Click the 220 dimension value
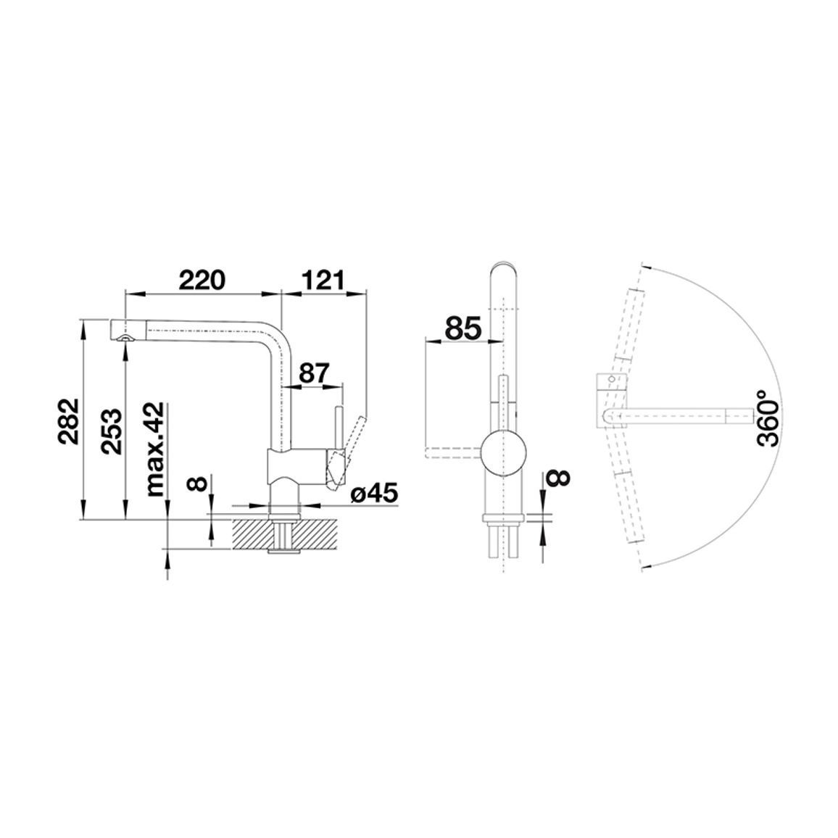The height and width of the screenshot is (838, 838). [202, 280]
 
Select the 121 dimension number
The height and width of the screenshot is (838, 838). [323, 280]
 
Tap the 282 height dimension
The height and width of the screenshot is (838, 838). [70, 422]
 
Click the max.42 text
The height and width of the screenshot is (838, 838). [155, 449]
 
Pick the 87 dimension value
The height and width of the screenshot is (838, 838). [313, 373]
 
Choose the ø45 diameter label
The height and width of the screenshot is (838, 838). [375, 494]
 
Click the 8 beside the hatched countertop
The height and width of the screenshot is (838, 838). [198, 484]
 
